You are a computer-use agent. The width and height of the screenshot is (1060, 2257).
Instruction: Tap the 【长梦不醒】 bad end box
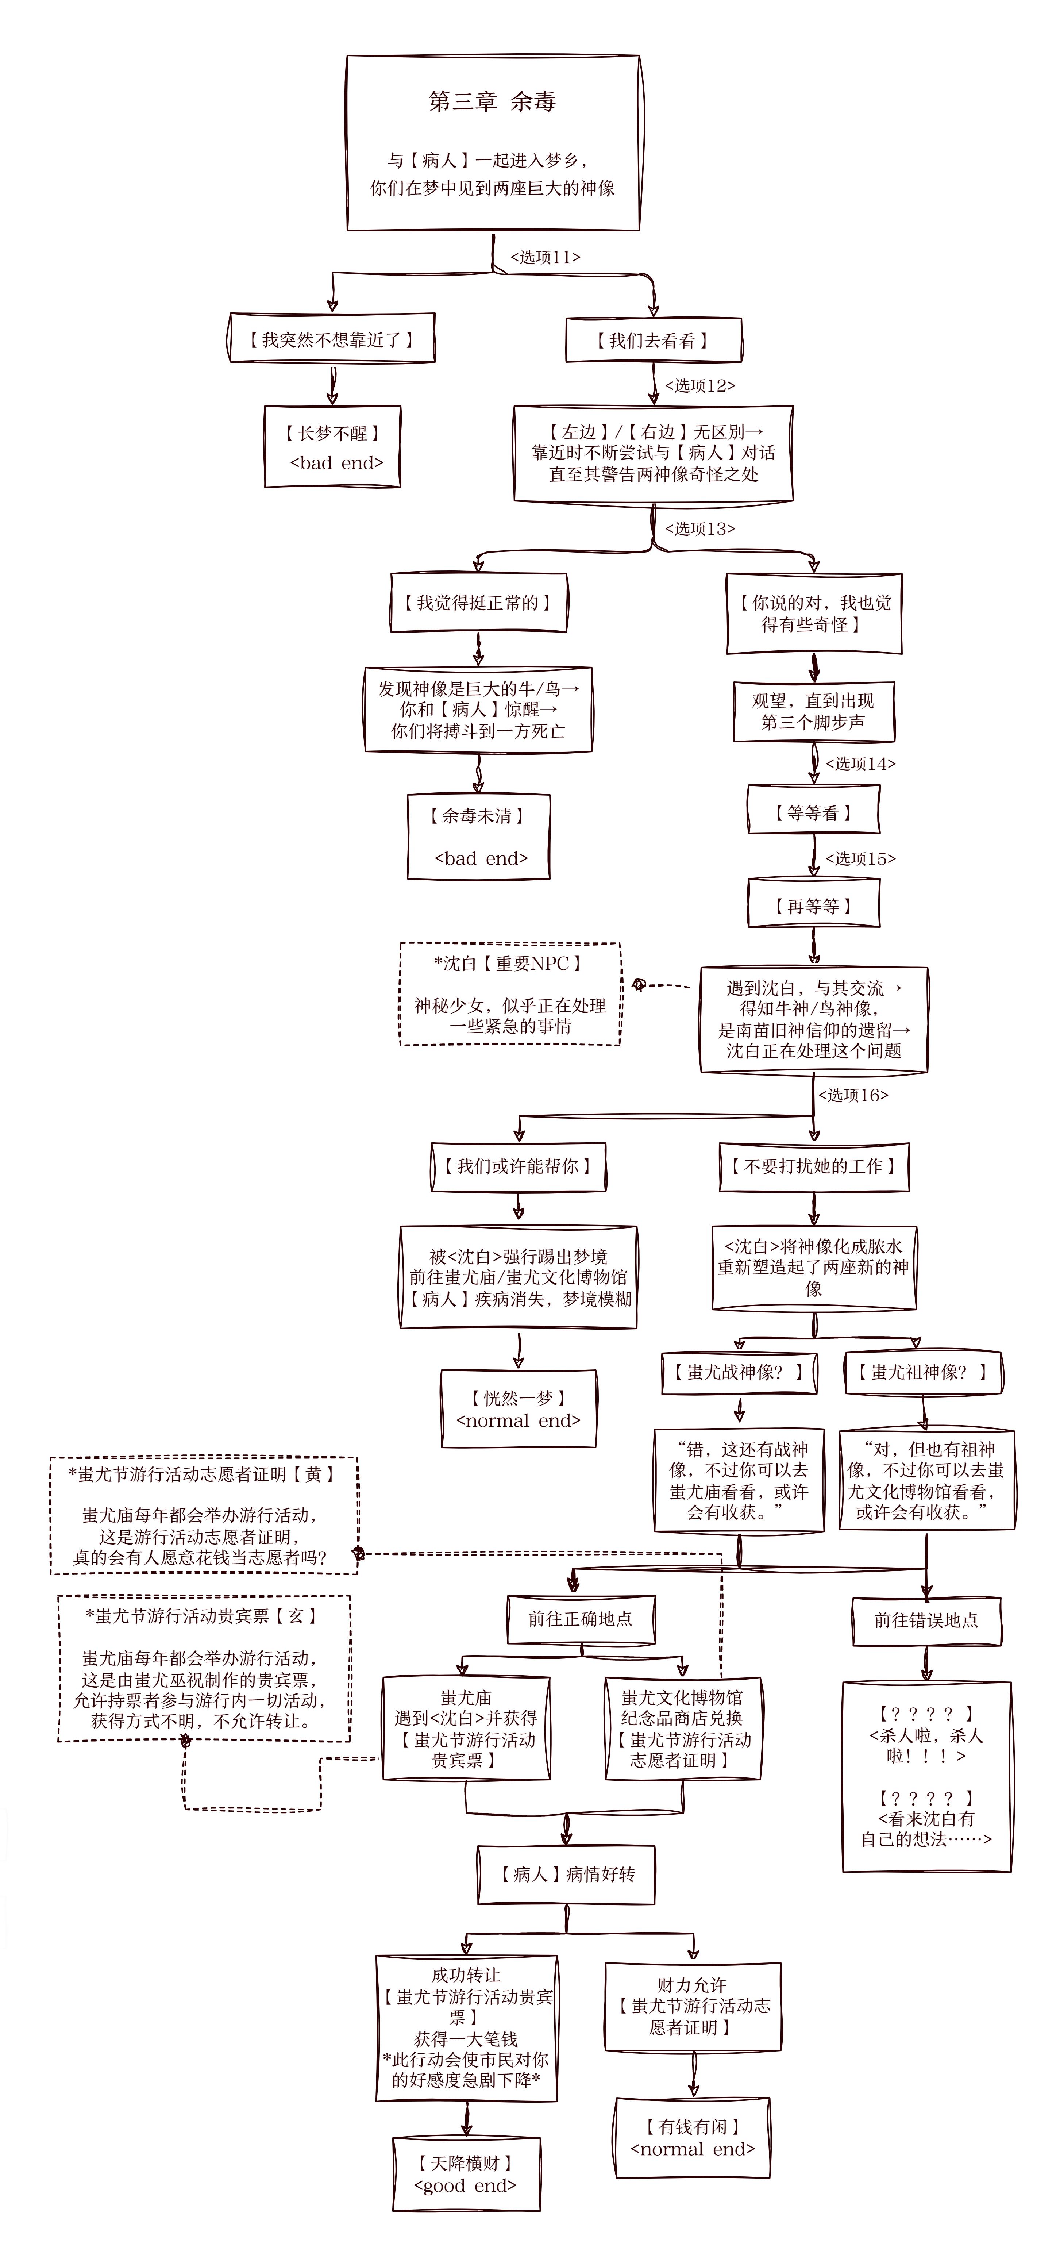tap(333, 447)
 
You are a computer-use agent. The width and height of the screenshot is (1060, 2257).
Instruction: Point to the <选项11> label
tap(545, 257)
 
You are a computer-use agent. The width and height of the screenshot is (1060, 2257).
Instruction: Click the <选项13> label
tap(700, 528)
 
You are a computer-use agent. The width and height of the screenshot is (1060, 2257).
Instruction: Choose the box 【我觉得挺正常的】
tap(478, 603)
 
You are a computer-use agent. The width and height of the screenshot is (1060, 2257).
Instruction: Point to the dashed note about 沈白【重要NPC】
tap(510, 995)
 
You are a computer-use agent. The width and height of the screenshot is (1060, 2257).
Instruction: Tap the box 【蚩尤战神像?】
tap(739, 1372)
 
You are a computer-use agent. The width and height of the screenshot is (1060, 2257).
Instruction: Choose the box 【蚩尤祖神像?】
tap(922, 1372)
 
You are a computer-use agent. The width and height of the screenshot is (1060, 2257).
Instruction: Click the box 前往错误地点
tap(926, 1620)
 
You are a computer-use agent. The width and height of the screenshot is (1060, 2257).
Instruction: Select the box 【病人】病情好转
tap(566, 1874)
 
